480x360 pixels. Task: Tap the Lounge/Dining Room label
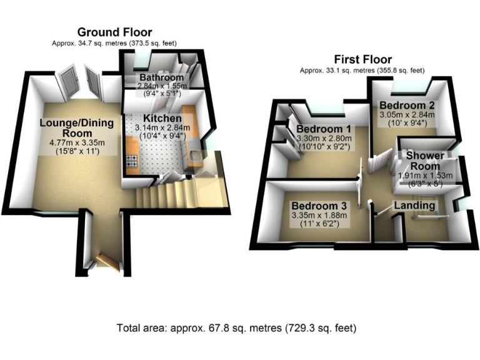pos(77,128)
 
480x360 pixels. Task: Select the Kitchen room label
pos(162,119)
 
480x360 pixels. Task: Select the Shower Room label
pos(426,161)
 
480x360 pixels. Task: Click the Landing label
pos(414,206)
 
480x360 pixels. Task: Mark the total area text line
pos(240,327)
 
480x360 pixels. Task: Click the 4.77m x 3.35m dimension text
pos(77,142)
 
